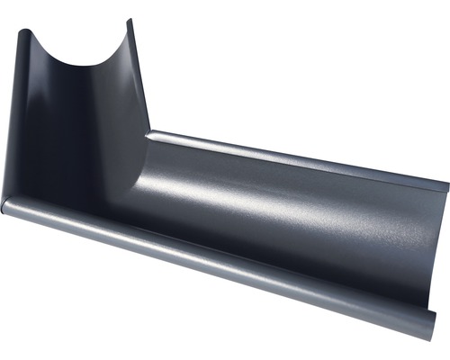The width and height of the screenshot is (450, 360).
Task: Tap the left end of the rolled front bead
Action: [6, 208]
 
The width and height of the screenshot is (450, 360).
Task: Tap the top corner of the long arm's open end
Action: [445, 188]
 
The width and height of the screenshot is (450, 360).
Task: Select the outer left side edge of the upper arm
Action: [13, 117]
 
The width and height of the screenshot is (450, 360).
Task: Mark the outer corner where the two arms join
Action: [9, 202]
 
